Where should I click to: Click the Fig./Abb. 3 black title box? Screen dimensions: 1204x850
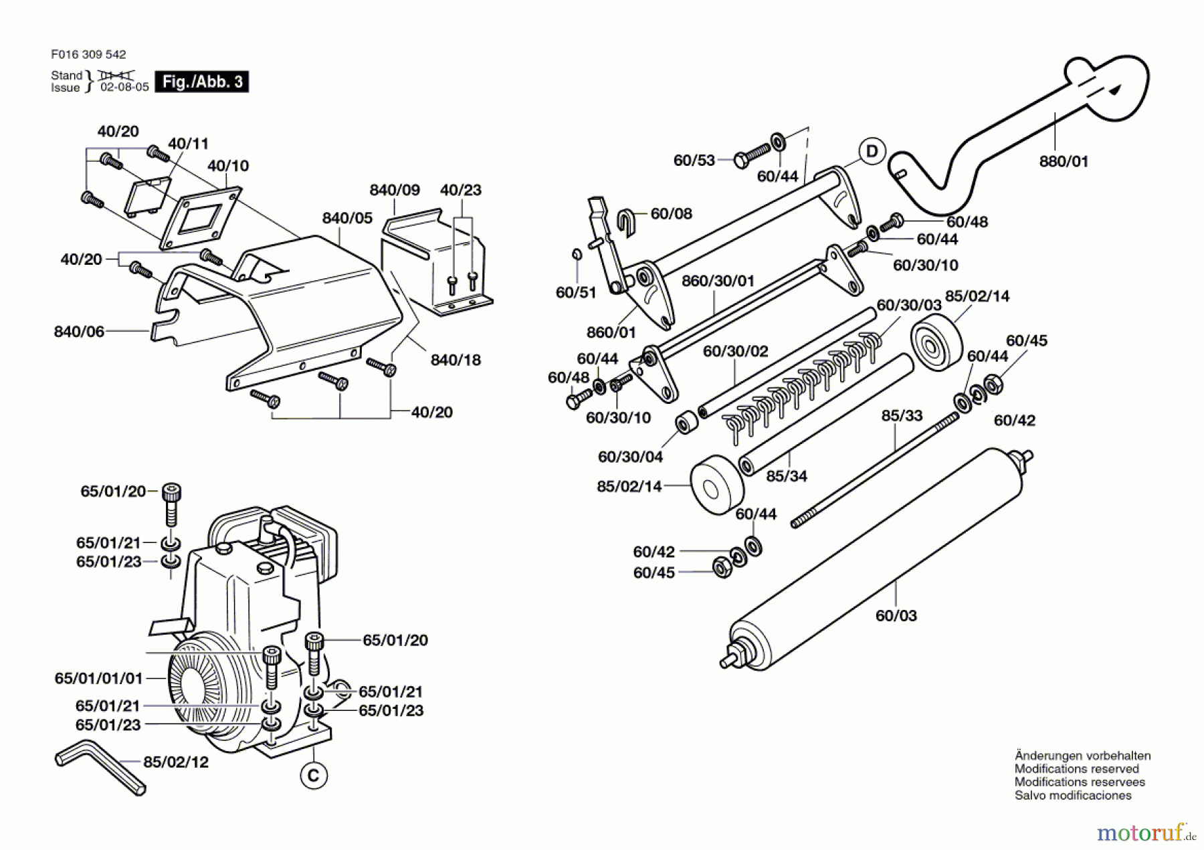point(201,82)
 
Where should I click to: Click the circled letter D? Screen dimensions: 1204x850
point(872,151)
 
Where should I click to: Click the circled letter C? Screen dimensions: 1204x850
point(314,776)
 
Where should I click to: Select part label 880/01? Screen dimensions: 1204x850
point(1064,161)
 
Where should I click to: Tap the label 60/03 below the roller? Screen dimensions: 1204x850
point(896,615)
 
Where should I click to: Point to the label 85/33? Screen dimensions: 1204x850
point(902,415)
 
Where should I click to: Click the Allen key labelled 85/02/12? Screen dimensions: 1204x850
point(100,767)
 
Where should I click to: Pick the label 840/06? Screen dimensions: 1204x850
point(79,332)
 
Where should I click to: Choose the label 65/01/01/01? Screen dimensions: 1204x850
point(99,678)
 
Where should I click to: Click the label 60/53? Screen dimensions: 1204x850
point(694,161)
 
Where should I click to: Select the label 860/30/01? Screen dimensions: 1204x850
point(718,281)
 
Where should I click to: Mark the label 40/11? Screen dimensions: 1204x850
point(188,144)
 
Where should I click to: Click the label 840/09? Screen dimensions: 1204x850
point(395,190)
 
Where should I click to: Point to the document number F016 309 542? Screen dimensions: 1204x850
point(88,55)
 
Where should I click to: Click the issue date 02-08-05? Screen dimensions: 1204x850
point(124,88)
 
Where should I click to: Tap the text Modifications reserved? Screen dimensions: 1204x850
point(1076,769)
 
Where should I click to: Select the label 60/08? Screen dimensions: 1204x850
point(672,213)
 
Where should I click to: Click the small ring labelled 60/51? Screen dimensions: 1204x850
point(576,254)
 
